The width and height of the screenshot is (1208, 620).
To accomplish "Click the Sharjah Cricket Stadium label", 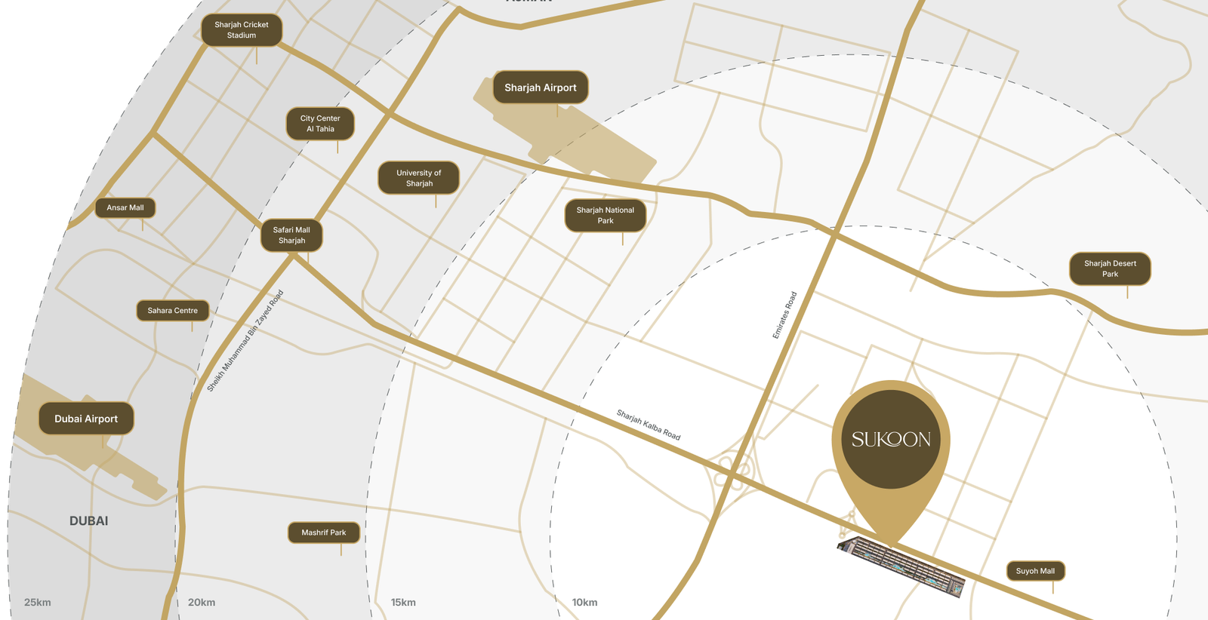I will (x=242, y=30).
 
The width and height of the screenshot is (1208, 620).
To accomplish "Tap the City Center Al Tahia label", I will (x=320, y=124).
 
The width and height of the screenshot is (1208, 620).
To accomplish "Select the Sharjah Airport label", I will (x=541, y=87).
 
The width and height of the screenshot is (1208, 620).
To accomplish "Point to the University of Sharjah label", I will (x=419, y=178).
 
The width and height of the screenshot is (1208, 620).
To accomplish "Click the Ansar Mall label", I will (x=125, y=207).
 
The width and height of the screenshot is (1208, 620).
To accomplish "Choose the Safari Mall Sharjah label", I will (x=291, y=235).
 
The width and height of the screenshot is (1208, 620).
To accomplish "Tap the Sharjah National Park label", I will (x=606, y=216).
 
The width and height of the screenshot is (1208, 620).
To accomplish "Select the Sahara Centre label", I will (x=173, y=310).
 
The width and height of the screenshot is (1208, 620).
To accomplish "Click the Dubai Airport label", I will (x=86, y=419).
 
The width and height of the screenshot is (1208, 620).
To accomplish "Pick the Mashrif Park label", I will (x=324, y=533).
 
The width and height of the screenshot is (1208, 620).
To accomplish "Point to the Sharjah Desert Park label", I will (x=1110, y=269).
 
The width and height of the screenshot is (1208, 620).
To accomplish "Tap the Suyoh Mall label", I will (x=1035, y=571).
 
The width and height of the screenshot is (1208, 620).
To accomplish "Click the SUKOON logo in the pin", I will (x=891, y=439).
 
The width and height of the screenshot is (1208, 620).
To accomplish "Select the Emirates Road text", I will (x=784, y=315).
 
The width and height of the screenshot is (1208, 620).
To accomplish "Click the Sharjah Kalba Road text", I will (x=649, y=425).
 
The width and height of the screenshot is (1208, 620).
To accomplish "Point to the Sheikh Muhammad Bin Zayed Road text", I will (x=245, y=341).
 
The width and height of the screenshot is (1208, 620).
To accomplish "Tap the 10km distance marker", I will (x=584, y=602).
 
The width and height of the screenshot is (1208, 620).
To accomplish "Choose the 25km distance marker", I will (x=38, y=602).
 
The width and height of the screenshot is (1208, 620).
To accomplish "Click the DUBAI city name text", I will (x=89, y=521).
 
